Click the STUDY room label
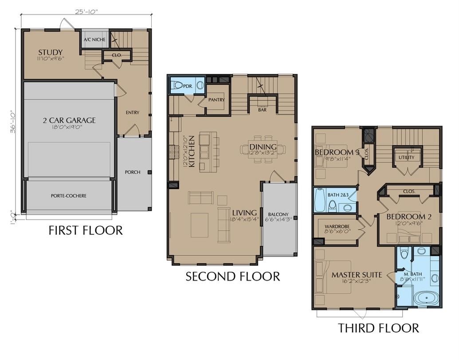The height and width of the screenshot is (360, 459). click(50, 52)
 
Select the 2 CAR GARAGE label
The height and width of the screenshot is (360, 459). click(69, 120)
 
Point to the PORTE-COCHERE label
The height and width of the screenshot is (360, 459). click(69, 196)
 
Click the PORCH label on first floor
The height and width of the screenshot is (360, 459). click(133, 172)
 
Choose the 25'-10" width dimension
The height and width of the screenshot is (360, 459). click(86, 12)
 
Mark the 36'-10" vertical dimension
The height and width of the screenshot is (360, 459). click(14, 121)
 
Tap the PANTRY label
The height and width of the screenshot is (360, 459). click(216, 100)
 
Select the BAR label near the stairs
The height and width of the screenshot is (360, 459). click(262, 110)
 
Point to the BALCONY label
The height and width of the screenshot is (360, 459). click(278, 214)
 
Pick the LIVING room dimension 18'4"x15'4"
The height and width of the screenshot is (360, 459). click(244, 219)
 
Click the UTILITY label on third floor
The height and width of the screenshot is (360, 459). click(406, 157)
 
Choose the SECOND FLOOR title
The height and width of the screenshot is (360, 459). click(232, 277)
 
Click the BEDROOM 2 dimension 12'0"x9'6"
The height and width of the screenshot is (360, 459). click(409, 224)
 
